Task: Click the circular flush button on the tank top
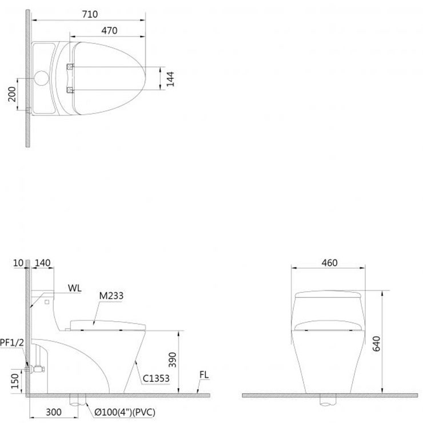pos(42,77)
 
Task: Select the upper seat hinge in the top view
pos(70,66)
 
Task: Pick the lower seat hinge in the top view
pos(70,89)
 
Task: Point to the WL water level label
pos(74,289)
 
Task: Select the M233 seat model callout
pos(111,296)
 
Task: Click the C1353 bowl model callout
pos(156,378)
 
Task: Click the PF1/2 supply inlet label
pos(11,342)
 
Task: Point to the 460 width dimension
pos(329,263)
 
